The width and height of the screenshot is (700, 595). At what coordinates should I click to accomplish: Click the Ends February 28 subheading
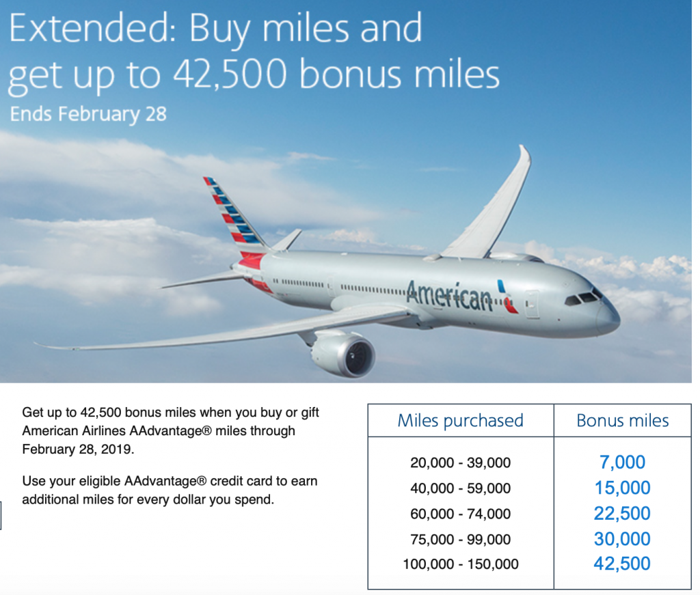[x=88, y=114]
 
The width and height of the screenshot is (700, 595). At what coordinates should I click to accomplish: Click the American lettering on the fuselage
[x=449, y=295]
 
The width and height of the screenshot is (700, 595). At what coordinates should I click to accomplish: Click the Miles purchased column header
[x=460, y=421]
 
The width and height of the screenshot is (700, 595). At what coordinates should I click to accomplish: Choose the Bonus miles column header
[x=622, y=421]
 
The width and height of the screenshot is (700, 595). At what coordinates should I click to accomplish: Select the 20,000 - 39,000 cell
[x=460, y=463]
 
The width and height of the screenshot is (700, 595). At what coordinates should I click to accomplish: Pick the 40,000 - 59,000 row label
[x=460, y=488]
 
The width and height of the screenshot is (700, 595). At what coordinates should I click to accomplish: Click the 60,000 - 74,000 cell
[x=460, y=514]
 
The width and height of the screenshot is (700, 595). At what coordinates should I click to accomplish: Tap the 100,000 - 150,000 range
[x=460, y=564]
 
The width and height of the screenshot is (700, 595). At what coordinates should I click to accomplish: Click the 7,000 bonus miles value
[x=622, y=462]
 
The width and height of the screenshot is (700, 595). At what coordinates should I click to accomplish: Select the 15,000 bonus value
[x=622, y=488]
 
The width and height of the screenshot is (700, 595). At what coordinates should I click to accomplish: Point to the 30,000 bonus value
[x=622, y=539]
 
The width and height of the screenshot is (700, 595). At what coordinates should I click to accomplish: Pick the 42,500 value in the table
[x=622, y=564]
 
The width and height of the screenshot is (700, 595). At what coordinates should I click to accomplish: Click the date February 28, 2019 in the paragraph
[x=78, y=449]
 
